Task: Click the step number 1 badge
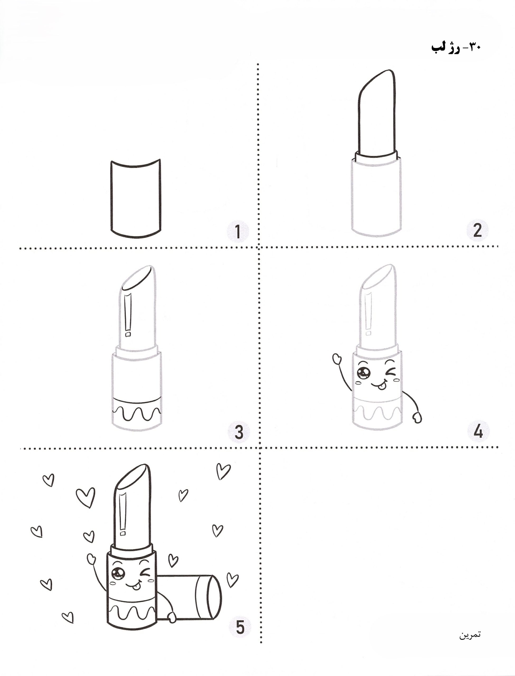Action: point(238,232)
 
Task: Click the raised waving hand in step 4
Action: point(337,359)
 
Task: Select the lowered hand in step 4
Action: point(417,417)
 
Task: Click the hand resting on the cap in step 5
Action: point(171,617)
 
